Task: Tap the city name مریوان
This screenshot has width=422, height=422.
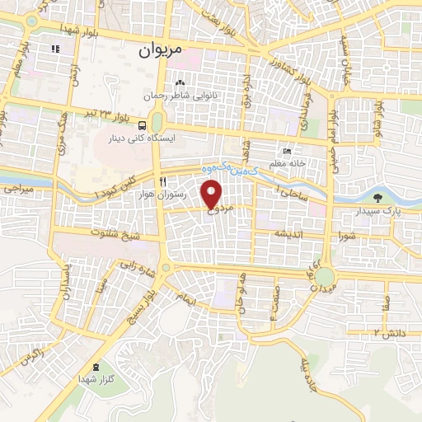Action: (161, 50)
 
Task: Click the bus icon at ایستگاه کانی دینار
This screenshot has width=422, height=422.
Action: (144, 126)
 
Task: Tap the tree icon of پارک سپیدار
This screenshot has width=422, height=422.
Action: (377, 198)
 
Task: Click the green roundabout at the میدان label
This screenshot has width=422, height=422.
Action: (325, 276)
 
